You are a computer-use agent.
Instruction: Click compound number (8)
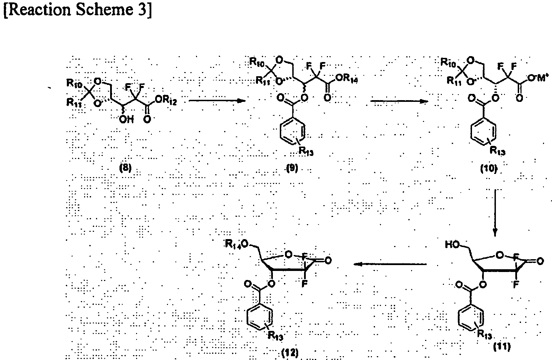pyautogui.click(x=125, y=168)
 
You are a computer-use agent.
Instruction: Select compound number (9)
pyautogui.click(x=292, y=168)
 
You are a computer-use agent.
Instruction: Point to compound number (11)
pyautogui.click(x=502, y=347)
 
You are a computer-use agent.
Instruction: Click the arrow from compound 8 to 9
pyautogui.click(x=217, y=101)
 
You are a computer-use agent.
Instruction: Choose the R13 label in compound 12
pyautogui.click(x=275, y=335)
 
